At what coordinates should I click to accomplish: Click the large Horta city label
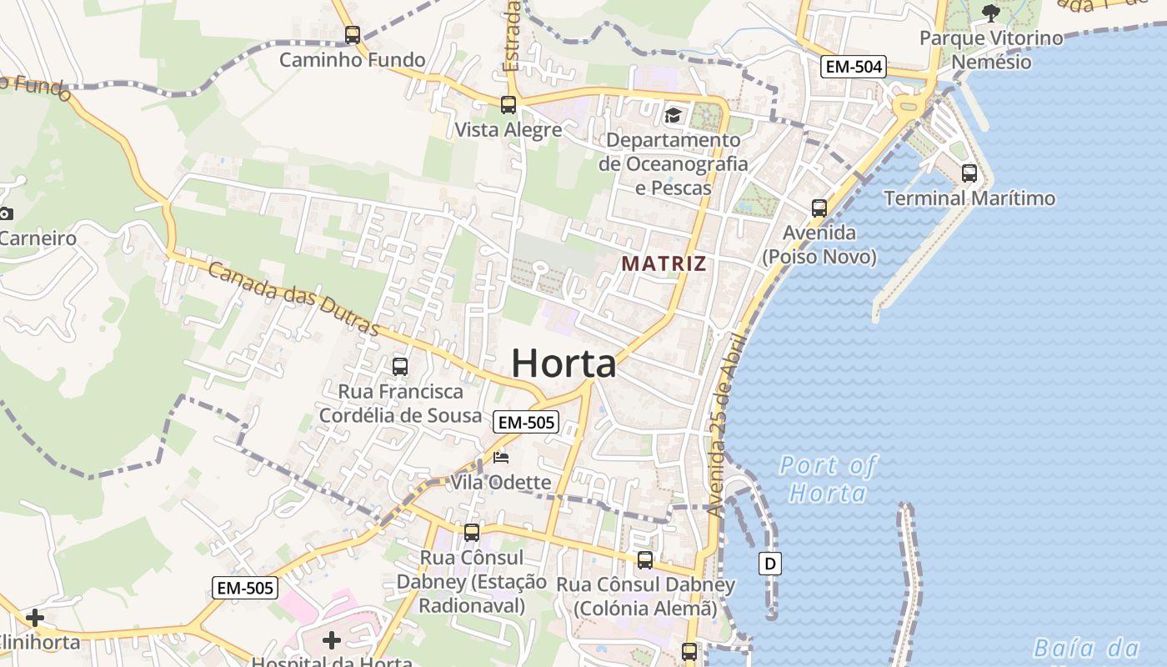point(563,364)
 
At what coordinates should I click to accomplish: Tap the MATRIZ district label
point(664,264)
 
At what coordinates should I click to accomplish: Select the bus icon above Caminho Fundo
point(353,35)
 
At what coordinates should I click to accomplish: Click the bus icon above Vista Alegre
point(508,105)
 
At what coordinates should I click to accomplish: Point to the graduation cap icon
point(673,115)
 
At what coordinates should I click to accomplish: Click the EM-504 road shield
point(853,67)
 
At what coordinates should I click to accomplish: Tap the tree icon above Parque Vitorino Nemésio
point(991,13)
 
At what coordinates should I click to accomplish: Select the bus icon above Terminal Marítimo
point(969,173)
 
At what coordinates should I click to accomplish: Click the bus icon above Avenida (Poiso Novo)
point(819,208)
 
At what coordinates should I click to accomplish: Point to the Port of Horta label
point(828,479)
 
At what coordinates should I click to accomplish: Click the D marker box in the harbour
point(770,564)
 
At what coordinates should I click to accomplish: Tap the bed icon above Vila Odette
point(501,457)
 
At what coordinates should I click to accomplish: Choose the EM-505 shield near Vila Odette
point(525,422)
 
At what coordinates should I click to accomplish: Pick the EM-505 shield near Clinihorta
point(244,588)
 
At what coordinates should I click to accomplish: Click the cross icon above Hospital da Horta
point(332,640)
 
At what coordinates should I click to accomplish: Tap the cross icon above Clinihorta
point(35,618)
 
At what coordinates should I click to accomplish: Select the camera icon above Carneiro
point(6,213)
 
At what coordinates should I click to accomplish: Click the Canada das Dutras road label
point(293,298)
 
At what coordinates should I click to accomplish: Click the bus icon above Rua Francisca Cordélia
point(400,366)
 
